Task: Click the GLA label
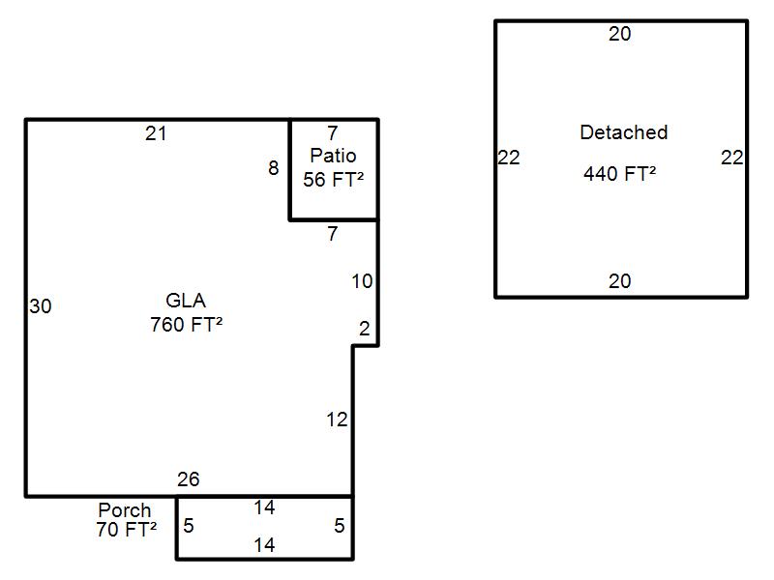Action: click(186, 301)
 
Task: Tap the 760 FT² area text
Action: click(186, 324)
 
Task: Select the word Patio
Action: click(333, 156)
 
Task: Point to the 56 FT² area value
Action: click(333, 179)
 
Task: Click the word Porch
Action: click(125, 509)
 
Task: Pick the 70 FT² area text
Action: click(126, 529)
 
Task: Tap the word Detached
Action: click(623, 132)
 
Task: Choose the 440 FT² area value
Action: click(619, 174)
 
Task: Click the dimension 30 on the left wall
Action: click(41, 306)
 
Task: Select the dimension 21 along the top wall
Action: click(156, 133)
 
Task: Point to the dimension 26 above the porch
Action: click(188, 479)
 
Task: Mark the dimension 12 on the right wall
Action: click(336, 420)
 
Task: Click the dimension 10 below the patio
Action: click(361, 281)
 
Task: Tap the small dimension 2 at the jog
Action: click(364, 330)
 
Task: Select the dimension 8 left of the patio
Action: click(274, 168)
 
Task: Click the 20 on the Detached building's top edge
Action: click(620, 34)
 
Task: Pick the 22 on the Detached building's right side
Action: click(731, 158)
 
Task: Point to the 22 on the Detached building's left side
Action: click(509, 158)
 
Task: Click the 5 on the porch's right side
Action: click(339, 526)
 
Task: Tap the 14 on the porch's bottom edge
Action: click(264, 545)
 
